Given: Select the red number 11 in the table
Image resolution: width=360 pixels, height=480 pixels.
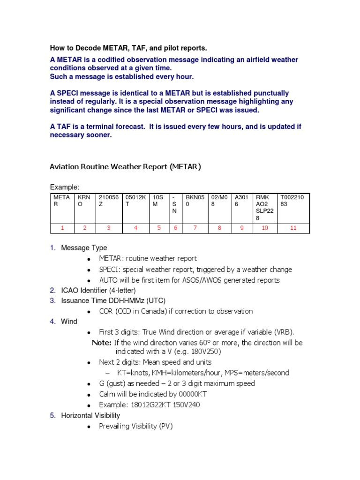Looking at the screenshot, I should click(293, 228).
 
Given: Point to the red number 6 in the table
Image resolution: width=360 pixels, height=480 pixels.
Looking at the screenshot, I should click(175, 228).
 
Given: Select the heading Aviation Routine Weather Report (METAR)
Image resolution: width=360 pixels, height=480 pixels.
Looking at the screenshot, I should click(125, 166).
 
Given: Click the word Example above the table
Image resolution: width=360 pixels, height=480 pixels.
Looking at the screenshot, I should click(64, 187).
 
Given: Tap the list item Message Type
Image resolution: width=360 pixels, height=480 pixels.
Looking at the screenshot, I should click(84, 247).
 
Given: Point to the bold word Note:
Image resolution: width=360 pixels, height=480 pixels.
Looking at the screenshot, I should click(101, 343).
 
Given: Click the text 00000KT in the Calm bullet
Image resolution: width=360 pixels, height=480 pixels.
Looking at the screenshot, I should click(186, 394).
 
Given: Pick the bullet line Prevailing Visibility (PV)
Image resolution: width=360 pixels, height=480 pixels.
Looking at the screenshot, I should click(136, 426).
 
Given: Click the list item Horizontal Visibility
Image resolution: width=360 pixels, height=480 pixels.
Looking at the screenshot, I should click(90, 415).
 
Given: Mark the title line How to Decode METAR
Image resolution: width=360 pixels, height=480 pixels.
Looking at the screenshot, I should click(128, 48).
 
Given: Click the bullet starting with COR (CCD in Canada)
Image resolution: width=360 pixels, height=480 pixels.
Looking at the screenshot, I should click(176, 311).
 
